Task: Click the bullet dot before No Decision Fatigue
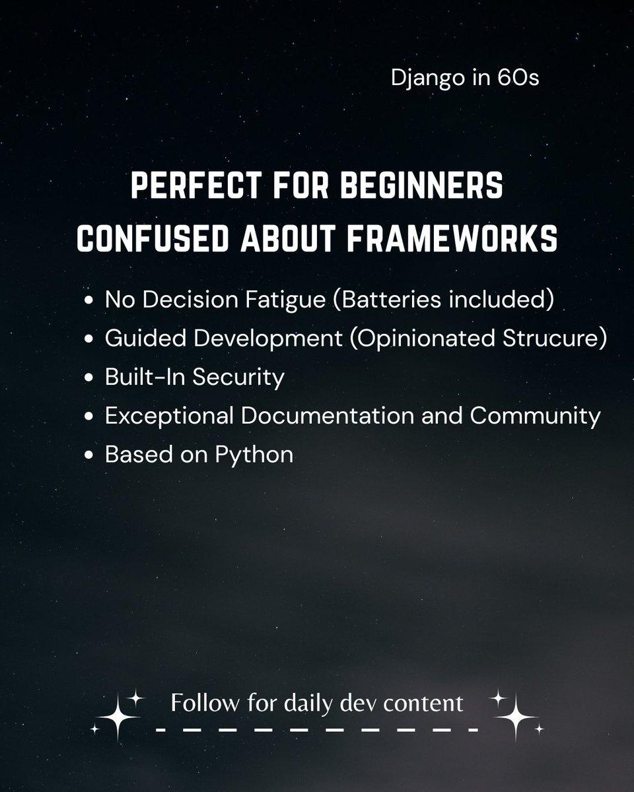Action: click(x=89, y=301)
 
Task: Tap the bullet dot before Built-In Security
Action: click(x=89, y=378)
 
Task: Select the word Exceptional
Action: click(x=169, y=416)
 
